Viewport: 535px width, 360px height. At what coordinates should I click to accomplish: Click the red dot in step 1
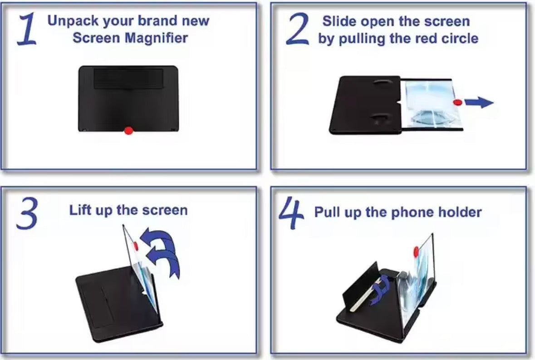click(x=128, y=131)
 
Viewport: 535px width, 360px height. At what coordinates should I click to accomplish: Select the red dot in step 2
click(x=458, y=103)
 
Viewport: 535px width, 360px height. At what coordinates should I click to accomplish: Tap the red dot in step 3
click(x=136, y=246)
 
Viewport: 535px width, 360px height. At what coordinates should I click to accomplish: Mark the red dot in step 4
click(x=416, y=250)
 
